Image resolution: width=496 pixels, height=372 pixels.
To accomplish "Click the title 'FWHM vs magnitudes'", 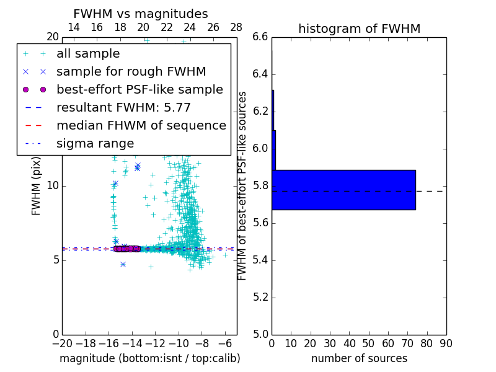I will point(141,14).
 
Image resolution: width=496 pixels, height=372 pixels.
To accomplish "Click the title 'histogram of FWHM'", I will point(359,29).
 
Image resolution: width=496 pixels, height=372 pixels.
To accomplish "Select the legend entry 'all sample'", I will point(88,54).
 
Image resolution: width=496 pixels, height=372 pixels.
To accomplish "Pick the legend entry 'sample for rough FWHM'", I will point(131,72).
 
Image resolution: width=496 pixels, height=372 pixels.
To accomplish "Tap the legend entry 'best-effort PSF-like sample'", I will point(139,90).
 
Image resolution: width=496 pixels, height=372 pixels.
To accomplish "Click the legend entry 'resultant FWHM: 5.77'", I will point(123,108).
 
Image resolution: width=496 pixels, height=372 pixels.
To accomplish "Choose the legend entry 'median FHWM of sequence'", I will point(141,126).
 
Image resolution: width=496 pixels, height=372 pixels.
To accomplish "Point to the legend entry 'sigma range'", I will point(95,144).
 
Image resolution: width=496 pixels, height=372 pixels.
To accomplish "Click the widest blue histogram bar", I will point(343,190).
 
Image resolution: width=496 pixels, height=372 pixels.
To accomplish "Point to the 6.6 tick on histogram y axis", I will point(260,37).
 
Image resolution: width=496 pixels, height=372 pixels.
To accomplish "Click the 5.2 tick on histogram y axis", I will point(260,297).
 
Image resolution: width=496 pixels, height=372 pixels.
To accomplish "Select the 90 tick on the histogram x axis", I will point(446,343).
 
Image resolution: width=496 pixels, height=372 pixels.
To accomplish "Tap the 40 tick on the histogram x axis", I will point(349,343).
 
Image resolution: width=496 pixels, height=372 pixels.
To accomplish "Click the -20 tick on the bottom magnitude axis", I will point(62,343).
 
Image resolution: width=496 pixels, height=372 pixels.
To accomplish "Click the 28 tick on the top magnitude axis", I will point(236,27).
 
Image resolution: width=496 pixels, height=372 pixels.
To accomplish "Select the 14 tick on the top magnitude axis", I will point(73,27).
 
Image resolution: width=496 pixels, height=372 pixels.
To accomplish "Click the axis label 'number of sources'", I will point(359,358).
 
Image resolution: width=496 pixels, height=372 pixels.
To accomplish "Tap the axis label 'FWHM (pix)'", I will point(37,185).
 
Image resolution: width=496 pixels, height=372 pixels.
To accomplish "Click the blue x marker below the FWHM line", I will point(123,264).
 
